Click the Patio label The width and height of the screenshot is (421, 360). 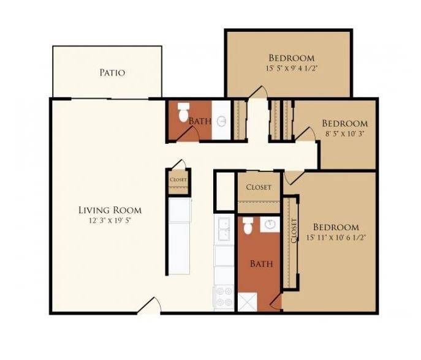coord(112,72)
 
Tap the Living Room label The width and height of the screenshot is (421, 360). coord(110,210)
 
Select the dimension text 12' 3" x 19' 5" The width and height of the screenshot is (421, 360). coord(111,221)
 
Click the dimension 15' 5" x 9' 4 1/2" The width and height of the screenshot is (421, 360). coord(292,69)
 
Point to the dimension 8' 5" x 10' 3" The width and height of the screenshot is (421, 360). coord(345,133)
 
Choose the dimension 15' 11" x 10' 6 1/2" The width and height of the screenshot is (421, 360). coord(336,238)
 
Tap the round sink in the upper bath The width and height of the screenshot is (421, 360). coord(222,121)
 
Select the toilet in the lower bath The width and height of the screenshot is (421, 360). coord(248,225)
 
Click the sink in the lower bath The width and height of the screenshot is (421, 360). coord(270,225)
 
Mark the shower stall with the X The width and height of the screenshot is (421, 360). coord(248,302)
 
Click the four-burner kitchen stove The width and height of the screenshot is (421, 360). coord(224,297)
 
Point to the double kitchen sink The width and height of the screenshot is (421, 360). coord(224,230)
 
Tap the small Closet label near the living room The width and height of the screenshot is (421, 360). coord(178,179)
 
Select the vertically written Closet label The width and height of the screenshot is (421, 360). coord(294,231)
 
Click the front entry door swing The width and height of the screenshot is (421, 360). coord(150,306)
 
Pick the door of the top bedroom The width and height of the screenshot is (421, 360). coord(258,92)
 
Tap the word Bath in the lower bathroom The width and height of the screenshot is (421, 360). coord(262,264)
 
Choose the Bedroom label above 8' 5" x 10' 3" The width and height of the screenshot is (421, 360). coord(345,124)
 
